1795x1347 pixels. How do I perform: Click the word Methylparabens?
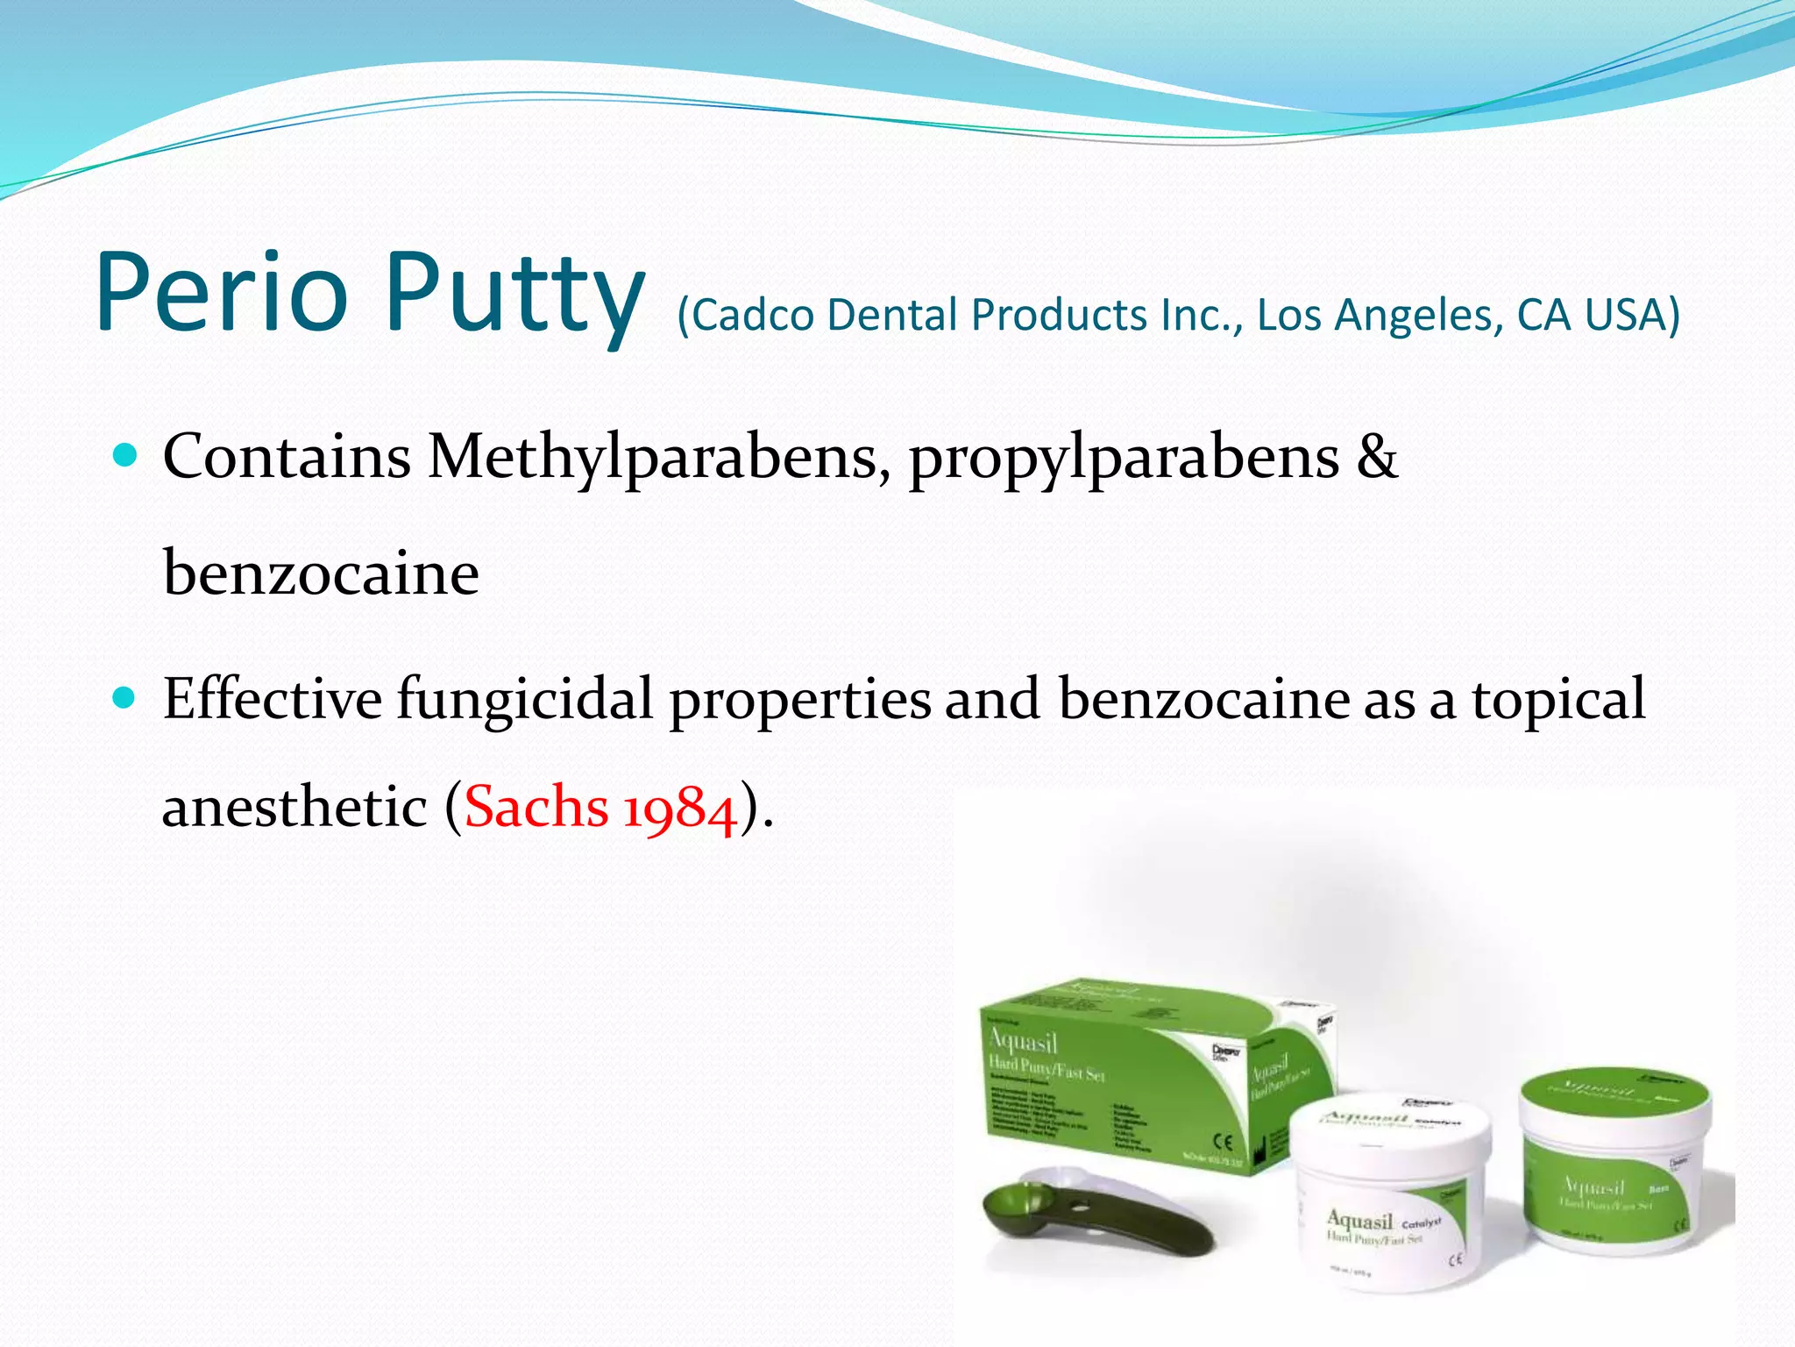pyautogui.click(x=653, y=458)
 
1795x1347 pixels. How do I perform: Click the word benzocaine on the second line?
pyautogui.click(x=321, y=574)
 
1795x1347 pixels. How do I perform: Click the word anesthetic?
pyautogui.click(x=294, y=807)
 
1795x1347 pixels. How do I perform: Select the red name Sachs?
pyautogui.click(x=536, y=807)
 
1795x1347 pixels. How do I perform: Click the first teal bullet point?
pyautogui.click(x=126, y=455)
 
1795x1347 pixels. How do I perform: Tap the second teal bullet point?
pyautogui.click(x=126, y=697)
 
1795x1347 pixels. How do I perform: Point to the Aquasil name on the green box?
pyautogui.click(x=1023, y=1042)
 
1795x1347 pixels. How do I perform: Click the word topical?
pyautogui.click(x=1557, y=699)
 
